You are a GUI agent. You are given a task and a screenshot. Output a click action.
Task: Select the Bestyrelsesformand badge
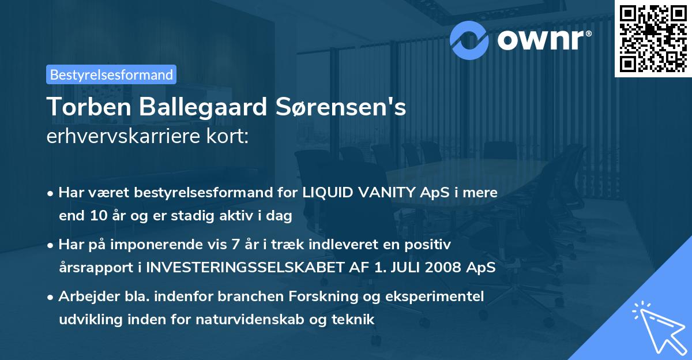111,74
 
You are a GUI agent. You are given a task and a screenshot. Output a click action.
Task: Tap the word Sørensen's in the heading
340,107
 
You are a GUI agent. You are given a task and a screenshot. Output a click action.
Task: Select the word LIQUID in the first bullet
325,193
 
